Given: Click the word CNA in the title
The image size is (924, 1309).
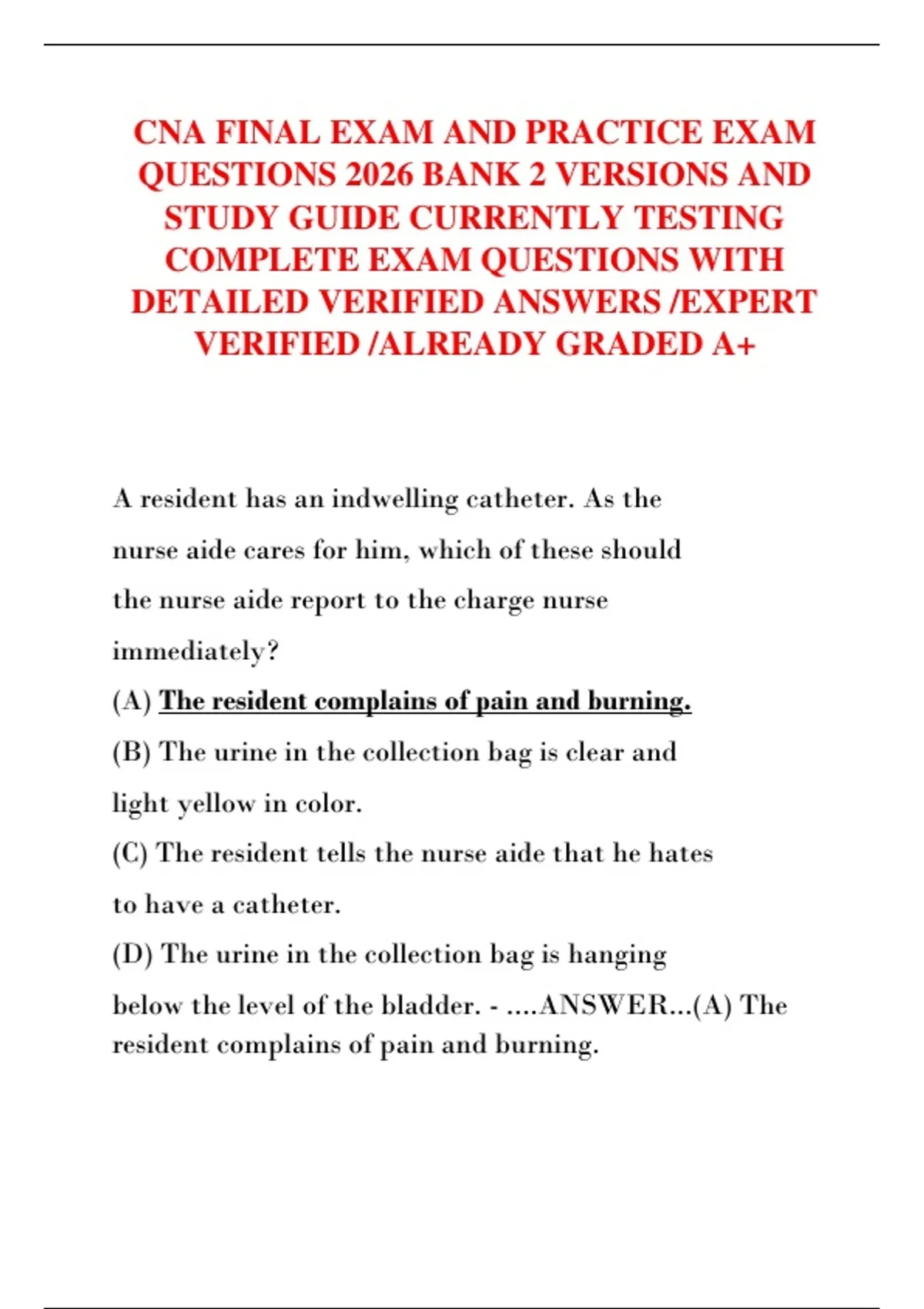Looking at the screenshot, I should tap(170, 132).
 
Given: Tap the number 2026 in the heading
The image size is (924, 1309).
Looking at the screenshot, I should tap(380, 175).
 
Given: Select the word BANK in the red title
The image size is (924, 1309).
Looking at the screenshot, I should tap(471, 175).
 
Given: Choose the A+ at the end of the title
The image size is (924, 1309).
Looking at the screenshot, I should tap(734, 344).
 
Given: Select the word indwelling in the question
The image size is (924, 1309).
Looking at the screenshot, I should tap(394, 499).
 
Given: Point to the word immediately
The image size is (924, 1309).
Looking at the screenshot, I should tap(195, 651).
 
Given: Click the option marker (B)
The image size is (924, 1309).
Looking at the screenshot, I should tap(132, 752).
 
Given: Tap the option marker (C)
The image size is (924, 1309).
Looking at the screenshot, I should tap(130, 853).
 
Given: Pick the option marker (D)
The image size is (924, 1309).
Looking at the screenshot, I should tap(132, 954).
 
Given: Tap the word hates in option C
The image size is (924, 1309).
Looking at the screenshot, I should tap(681, 853).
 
